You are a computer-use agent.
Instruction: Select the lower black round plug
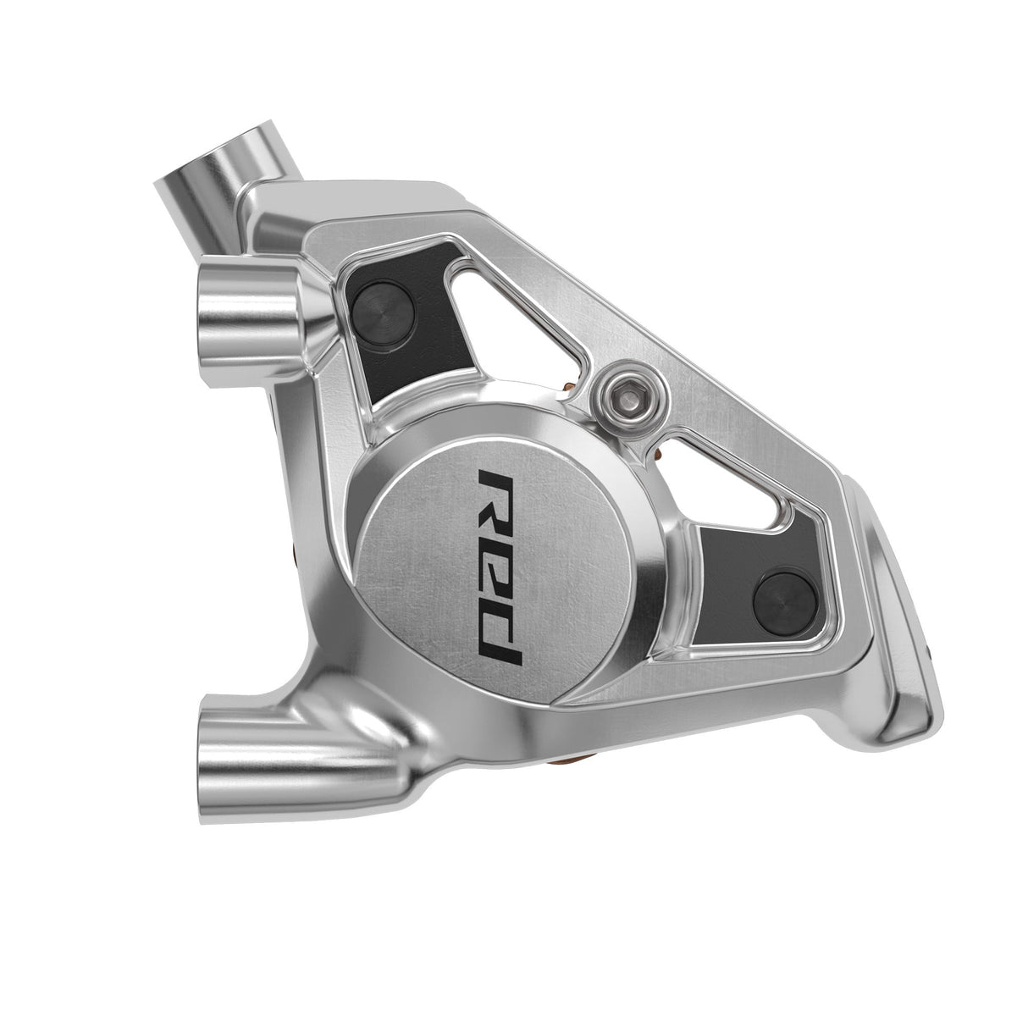(780, 590)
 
